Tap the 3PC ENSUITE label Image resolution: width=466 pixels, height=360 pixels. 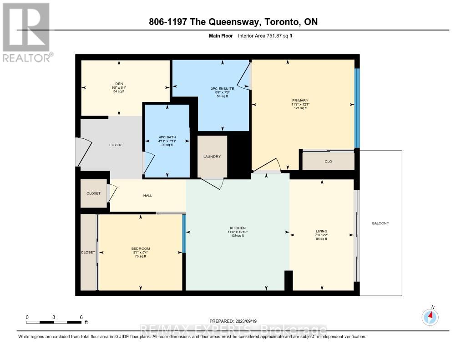click(222, 88)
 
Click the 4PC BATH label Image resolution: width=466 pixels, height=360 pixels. click(167, 137)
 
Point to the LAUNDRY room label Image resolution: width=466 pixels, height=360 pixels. click(212, 157)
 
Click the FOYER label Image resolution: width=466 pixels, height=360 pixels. click(116, 145)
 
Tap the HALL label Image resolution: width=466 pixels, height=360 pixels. click(147, 196)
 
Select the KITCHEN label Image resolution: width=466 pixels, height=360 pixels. click(238, 228)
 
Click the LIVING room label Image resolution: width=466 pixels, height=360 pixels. click(322, 231)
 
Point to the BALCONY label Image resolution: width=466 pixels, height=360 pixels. click(380, 223)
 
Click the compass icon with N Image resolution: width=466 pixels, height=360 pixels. click(430, 316)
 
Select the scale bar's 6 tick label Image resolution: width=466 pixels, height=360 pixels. click(81, 317)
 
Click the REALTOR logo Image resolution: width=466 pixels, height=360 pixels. click(27, 32)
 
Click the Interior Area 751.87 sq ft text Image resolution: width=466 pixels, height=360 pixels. click(265, 35)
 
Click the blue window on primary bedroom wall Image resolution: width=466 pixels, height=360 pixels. click(357, 108)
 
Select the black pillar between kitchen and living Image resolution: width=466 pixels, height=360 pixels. click(288, 280)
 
